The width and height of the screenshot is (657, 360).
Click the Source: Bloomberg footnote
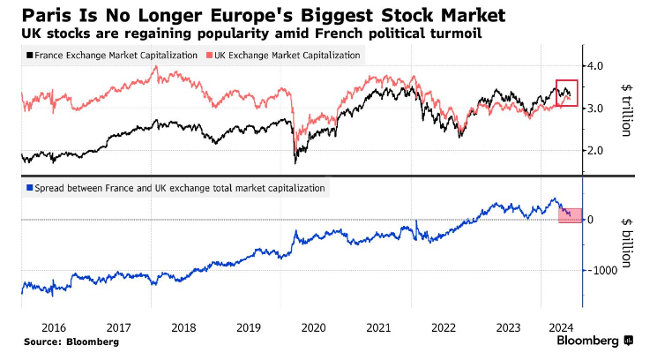point(71,341)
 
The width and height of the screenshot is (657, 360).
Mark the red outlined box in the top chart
point(566,93)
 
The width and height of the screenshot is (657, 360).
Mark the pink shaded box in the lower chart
point(570,211)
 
